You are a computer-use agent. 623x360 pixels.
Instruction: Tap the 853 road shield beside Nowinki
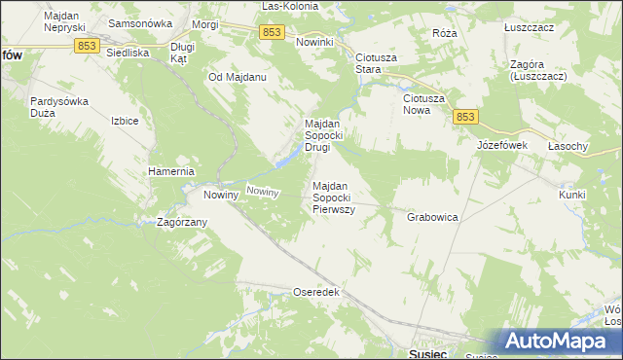(x=273, y=33)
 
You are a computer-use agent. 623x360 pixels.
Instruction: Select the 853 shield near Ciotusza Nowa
(x=465, y=117)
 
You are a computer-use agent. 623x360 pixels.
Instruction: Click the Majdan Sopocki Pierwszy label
(x=333, y=198)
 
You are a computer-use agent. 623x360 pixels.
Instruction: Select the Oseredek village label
(x=315, y=292)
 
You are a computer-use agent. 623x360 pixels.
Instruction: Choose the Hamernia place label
(x=172, y=171)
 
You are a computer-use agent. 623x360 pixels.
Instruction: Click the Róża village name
(x=445, y=32)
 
